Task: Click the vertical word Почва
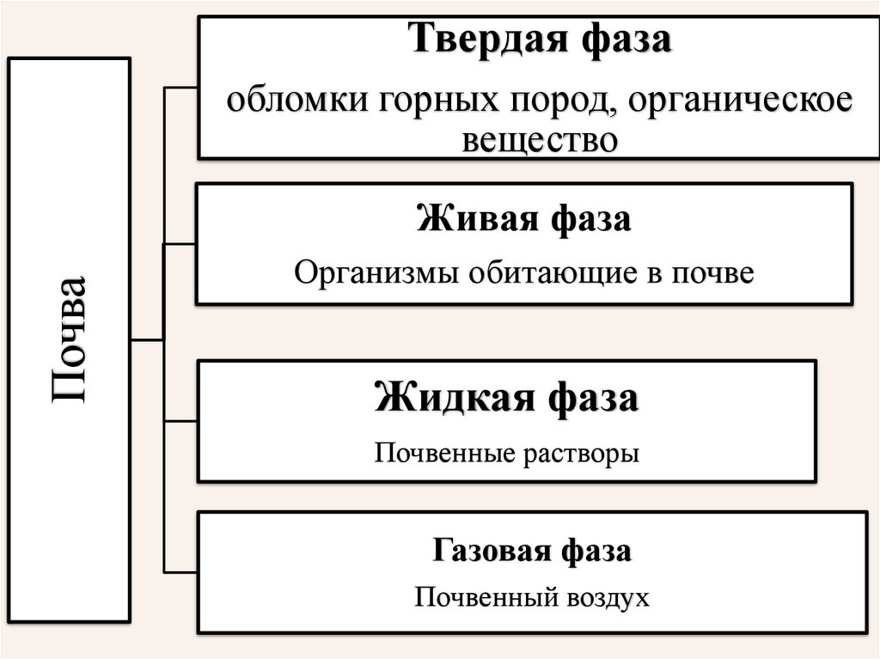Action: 70,339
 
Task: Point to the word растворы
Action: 584,452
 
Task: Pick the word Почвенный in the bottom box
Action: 482,597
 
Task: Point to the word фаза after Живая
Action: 593,219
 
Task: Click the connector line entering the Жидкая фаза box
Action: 180,421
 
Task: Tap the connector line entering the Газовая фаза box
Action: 180,571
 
